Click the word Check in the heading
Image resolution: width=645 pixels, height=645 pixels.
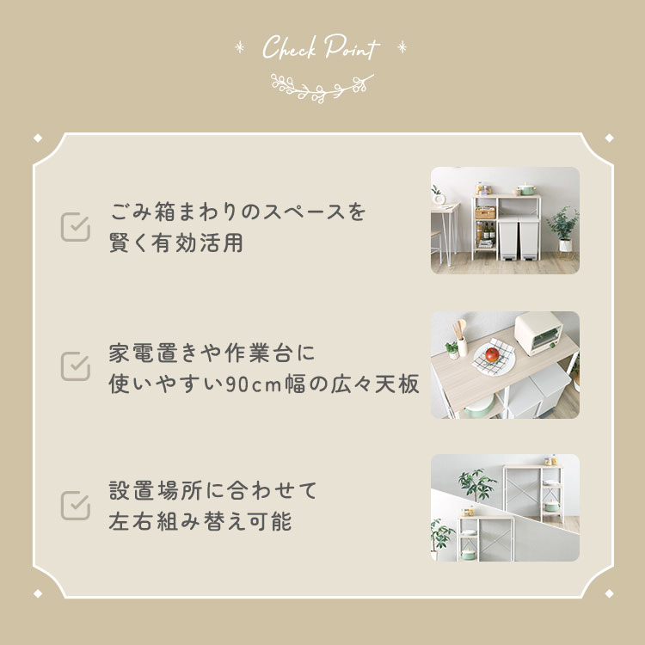coord(291,49)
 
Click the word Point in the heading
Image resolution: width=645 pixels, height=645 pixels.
coord(352,49)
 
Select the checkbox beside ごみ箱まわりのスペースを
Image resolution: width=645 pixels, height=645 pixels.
coord(76,227)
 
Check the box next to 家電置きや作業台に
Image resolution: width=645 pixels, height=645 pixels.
coord(76,365)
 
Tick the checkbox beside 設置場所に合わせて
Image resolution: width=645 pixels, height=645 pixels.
coord(76,505)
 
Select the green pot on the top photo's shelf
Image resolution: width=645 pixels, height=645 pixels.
coord(525,187)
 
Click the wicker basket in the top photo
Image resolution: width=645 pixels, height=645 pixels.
coord(486,213)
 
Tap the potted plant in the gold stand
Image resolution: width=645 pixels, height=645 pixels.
coord(562,226)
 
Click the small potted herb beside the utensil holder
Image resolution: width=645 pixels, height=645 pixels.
coord(449,347)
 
